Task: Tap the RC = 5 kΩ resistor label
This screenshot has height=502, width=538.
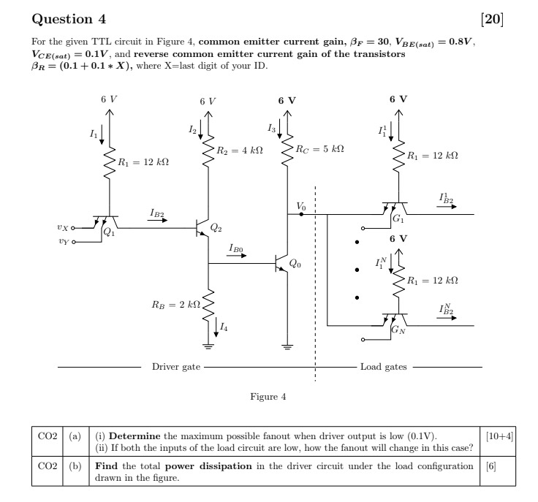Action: coord(319,148)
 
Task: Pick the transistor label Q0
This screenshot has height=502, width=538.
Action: coord(294,263)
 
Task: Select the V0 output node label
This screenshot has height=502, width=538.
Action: coord(301,207)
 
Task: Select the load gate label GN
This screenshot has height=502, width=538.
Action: coord(398,330)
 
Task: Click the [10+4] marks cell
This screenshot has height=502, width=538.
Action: coord(500,436)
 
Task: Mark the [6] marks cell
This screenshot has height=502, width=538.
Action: coord(491,465)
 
